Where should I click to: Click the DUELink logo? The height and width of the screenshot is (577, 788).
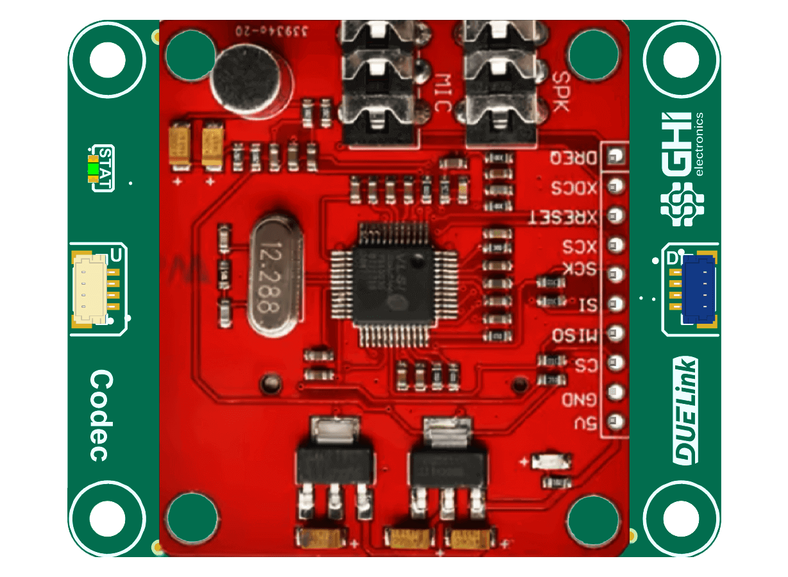click(x=685, y=411)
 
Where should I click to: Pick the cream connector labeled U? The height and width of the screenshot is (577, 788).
click(x=89, y=289)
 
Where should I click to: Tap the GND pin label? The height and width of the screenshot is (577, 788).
click(x=579, y=400)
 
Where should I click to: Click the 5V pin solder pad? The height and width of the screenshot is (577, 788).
click(x=616, y=421)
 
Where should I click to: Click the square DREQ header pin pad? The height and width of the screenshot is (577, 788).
click(x=616, y=156)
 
